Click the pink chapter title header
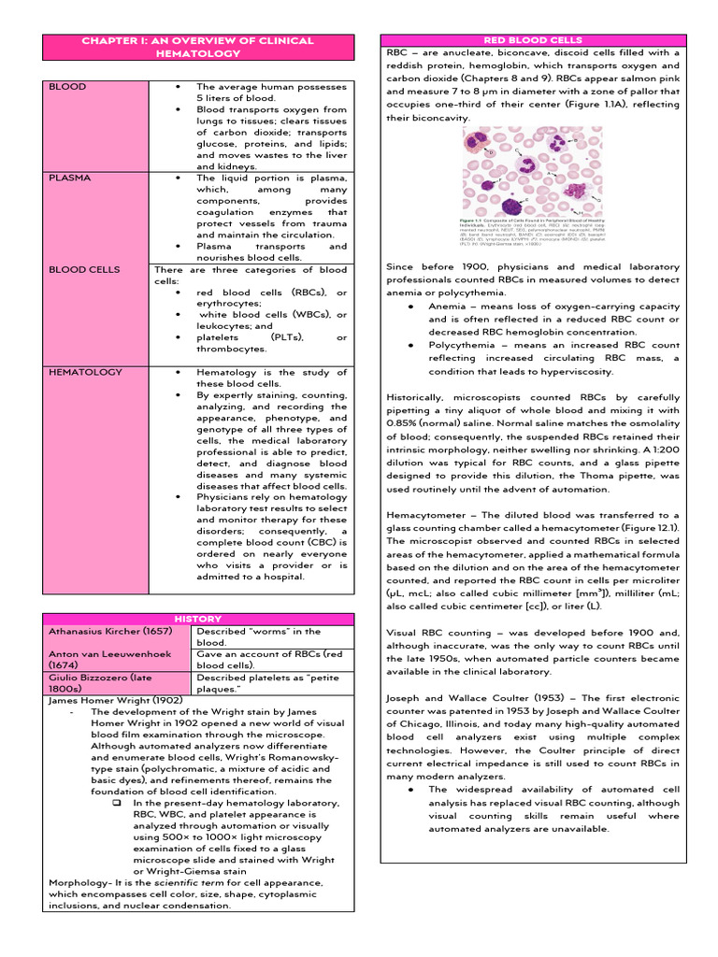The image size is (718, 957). [197, 48]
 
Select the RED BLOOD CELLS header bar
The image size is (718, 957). [532, 40]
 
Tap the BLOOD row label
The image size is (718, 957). [66, 87]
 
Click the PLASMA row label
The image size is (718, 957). [70, 178]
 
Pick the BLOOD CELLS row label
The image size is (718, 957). [84, 269]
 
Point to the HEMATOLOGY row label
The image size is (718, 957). [85, 372]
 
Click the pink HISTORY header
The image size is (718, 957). [198, 619]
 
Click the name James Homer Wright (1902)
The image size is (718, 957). [115, 700]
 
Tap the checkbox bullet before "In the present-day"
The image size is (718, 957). [117, 804]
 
